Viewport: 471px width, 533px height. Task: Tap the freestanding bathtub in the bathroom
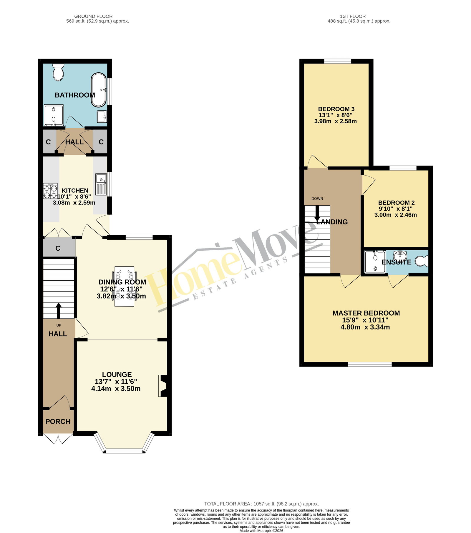pyautogui.click(x=99, y=90)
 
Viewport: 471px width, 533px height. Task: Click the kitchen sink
pyautogui.click(x=101, y=184)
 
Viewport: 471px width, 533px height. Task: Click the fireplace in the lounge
pyautogui.click(x=163, y=386)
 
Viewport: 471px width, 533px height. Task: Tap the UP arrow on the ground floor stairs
pyautogui.click(x=59, y=311)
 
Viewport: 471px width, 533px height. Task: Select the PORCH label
pyautogui.click(x=58, y=422)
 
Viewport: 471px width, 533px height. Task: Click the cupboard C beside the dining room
pyautogui.click(x=58, y=248)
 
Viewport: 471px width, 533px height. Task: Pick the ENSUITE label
pyautogui.click(x=396, y=262)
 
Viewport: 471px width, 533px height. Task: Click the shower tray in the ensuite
pyautogui.click(x=375, y=261)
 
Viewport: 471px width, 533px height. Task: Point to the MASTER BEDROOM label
pyautogui.click(x=366, y=313)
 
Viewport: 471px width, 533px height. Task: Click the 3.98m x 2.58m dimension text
pyautogui.click(x=335, y=121)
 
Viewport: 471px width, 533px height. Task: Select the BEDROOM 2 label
pyautogui.click(x=396, y=203)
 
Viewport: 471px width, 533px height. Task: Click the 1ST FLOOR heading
pyautogui.click(x=353, y=16)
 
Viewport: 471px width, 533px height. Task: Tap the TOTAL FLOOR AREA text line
pyautogui.click(x=261, y=504)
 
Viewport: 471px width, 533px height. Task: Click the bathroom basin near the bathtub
pyautogui.click(x=102, y=116)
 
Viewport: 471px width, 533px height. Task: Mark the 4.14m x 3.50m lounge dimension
pyautogui.click(x=116, y=389)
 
